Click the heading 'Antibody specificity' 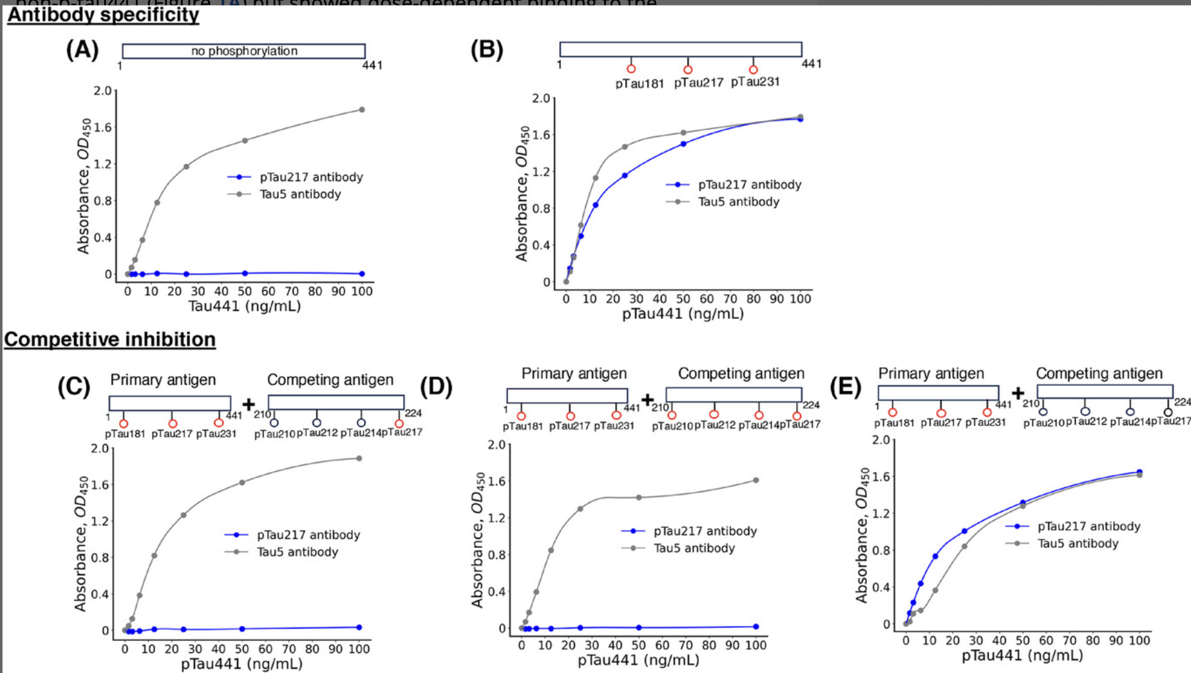(x=103, y=14)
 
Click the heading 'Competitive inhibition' (x=110, y=339)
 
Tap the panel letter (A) (x=82, y=50)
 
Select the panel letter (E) (x=845, y=387)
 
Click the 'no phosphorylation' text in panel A (x=244, y=51)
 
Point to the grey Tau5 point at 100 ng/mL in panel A (x=362, y=110)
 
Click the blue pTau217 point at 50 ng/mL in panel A (x=244, y=273)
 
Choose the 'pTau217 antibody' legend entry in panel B (x=750, y=184)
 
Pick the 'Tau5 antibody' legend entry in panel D (x=694, y=548)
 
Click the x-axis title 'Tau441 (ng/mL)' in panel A (x=244, y=306)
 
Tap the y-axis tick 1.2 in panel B (x=541, y=172)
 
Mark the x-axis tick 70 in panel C (x=288, y=649)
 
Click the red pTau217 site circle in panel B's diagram (x=688, y=70)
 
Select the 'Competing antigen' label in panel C (x=330, y=380)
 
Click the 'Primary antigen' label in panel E (x=931, y=373)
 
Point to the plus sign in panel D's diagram (x=648, y=399)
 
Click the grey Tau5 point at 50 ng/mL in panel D (x=639, y=498)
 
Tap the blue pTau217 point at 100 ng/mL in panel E (x=1140, y=472)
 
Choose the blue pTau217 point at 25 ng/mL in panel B (x=624, y=175)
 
